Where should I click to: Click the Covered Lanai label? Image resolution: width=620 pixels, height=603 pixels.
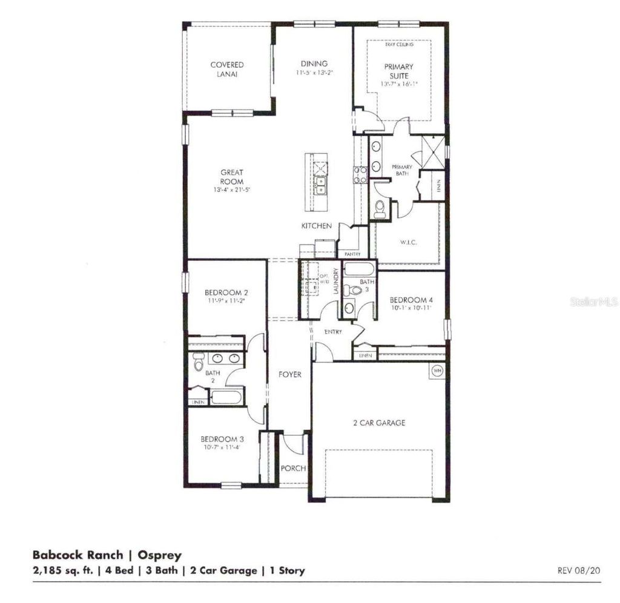(227, 69)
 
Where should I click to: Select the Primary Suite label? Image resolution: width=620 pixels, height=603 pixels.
(398, 71)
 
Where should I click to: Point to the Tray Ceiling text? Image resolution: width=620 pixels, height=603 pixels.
(399, 45)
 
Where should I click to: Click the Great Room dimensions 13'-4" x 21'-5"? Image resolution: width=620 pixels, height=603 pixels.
(232, 190)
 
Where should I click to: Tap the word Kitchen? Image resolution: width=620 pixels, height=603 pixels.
(317, 226)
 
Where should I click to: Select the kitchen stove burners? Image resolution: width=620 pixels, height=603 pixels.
(360, 175)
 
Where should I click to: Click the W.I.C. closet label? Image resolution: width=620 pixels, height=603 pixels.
(410, 242)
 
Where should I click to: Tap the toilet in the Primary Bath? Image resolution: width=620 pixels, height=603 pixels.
(380, 209)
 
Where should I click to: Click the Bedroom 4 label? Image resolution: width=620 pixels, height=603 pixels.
(410, 300)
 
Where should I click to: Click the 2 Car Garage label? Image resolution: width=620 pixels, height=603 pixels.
(379, 423)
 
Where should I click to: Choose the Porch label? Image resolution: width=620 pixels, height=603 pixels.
(293, 468)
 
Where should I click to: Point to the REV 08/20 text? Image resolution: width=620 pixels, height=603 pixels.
(578, 570)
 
